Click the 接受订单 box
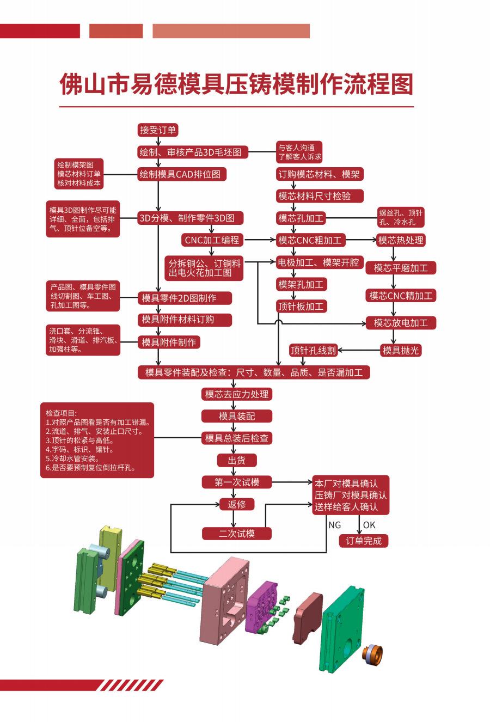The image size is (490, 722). click(158, 130)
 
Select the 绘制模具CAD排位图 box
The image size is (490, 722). click(182, 174)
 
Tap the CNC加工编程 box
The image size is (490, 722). click(212, 240)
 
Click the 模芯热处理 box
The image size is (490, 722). click(401, 240)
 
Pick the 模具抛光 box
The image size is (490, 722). click(401, 350)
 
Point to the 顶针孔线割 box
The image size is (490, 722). click(313, 350)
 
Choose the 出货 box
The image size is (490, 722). click(237, 460)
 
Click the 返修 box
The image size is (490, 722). click(237, 504)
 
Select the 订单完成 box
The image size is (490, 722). click(363, 541)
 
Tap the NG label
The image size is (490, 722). click(335, 525)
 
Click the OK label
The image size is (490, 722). click(369, 525)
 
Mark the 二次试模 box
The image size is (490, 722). click(237, 533)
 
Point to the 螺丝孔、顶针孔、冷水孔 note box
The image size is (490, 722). click(401, 217)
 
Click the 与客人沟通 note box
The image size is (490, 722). click(299, 152)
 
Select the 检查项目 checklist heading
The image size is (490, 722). click(61, 413)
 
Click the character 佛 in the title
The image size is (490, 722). click(71, 84)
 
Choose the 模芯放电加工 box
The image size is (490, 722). click(401, 323)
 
